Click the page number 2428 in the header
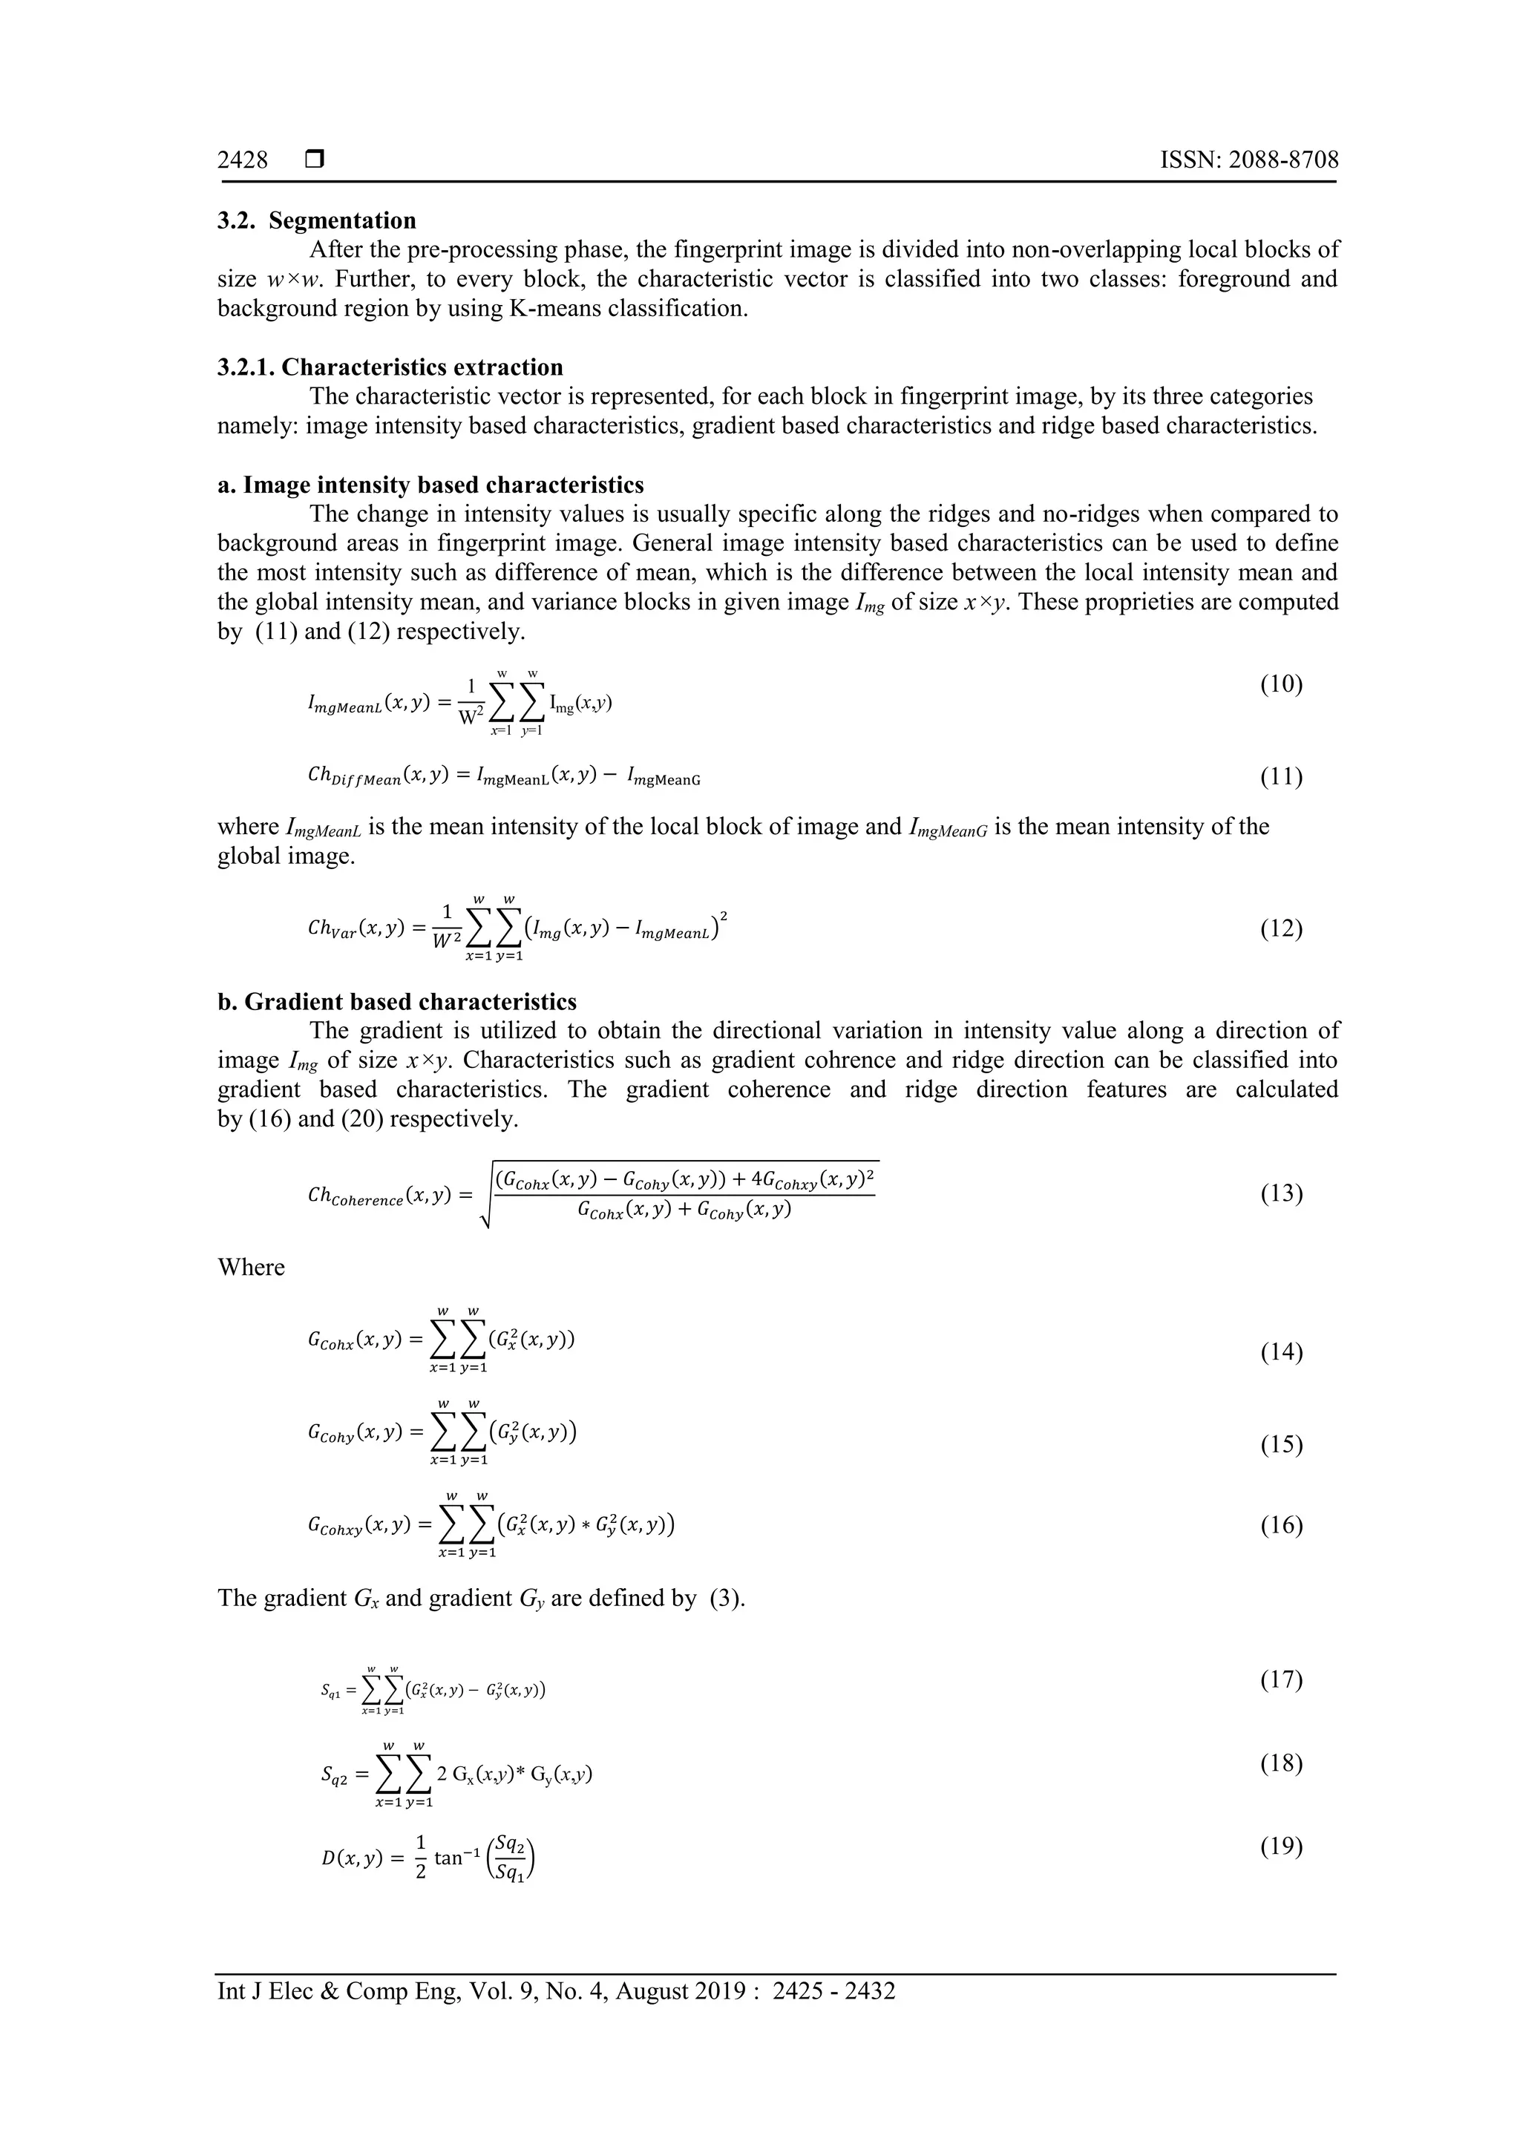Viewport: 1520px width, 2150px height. click(x=243, y=160)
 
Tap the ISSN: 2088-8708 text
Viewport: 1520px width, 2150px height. click(x=1248, y=160)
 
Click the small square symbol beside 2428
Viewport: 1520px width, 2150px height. click(x=315, y=160)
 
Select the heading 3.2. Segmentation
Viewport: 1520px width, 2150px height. click(x=317, y=221)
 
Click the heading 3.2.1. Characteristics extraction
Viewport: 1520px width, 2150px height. click(x=390, y=367)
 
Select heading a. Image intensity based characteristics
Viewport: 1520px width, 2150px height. click(x=430, y=485)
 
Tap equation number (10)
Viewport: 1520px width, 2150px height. click(x=1280, y=684)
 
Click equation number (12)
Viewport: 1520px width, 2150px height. click(x=1280, y=929)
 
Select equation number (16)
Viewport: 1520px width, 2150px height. click(x=1280, y=1525)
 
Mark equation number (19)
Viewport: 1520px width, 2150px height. click(x=1280, y=1846)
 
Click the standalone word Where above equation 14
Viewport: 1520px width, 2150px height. click(x=251, y=1268)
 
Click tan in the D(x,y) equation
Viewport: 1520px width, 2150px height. click(x=448, y=1858)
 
